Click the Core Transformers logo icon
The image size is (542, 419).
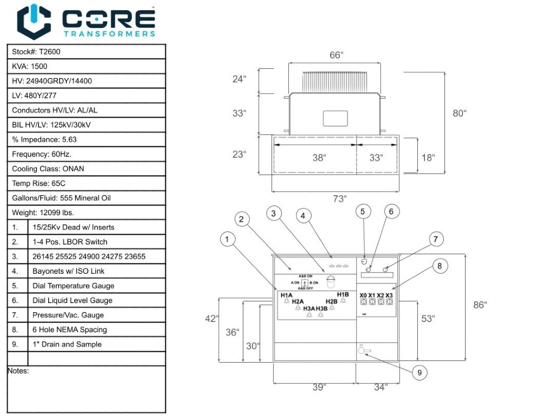click(x=34, y=22)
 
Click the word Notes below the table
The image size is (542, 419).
click(x=18, y=371)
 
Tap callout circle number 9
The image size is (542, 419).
click(x=419, y=372)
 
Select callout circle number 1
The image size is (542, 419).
click(x=228, y=238)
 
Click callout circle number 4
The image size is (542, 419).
click(x=304, y=216)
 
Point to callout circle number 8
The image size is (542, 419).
click(x=440, y=266)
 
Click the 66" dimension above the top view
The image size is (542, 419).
click(x=336, y=55)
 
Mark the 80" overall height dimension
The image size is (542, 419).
click(x=459, y=113)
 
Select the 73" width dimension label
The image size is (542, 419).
click(x=339, y=199)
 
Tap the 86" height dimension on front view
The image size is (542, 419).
click(x=480, y=305)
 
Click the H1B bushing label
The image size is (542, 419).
click(x=343, y=294)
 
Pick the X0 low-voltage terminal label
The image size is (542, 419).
click(x=363, y=295)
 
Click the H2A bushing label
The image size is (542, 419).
click(x=298, y=301)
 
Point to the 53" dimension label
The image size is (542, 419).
click(x=428, y=319)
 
